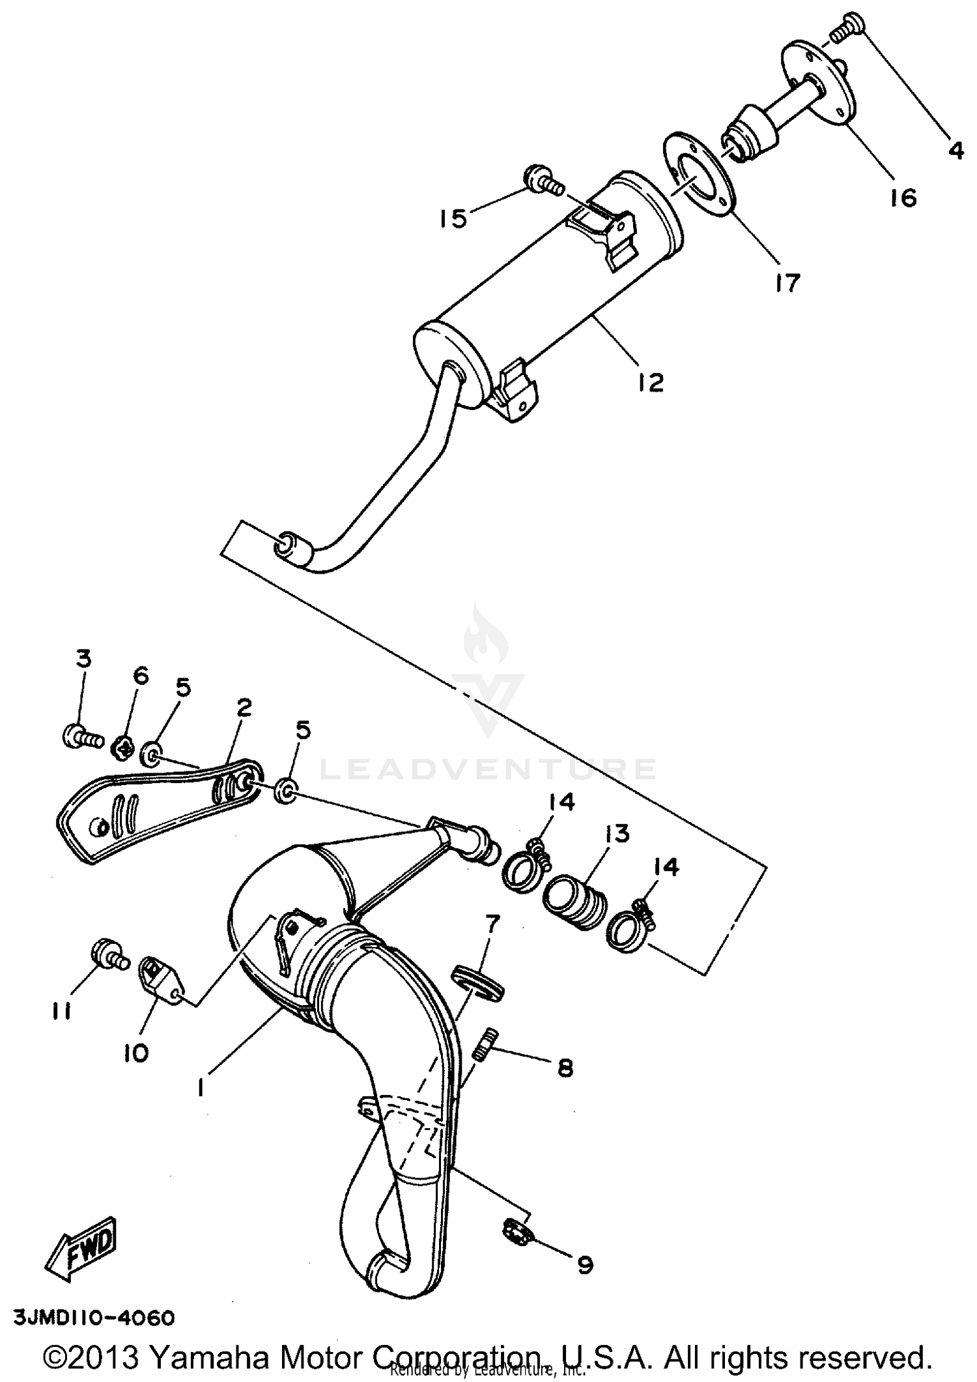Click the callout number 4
(x=955, y=150)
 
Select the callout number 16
(x=903, y=197)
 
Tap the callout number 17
(x=787, y=283)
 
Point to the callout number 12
(x=650, y=381)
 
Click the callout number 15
(x=453, y=219)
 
